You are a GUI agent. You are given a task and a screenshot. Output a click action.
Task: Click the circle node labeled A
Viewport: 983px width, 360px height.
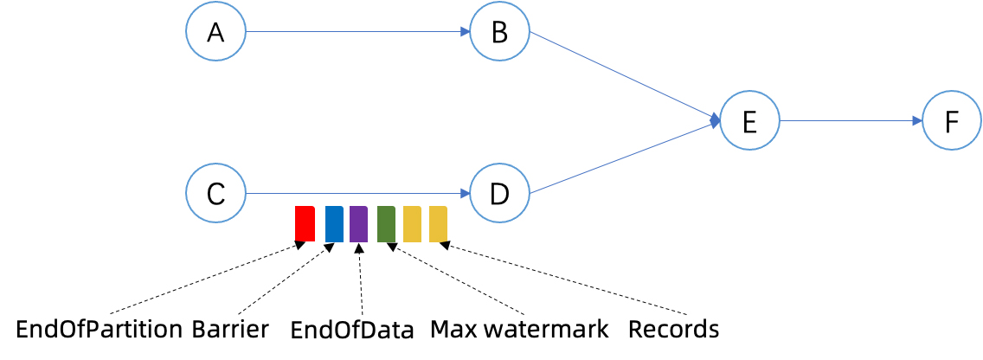(215, 32)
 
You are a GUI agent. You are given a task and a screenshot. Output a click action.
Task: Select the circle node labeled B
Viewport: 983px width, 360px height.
(499, 32)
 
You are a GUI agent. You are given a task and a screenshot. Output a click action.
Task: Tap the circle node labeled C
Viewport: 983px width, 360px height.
(215, 193)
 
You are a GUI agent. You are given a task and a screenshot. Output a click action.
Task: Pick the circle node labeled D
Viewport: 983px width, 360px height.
(499, 193)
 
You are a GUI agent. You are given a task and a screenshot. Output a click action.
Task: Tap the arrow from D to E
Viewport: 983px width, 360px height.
(623, 158)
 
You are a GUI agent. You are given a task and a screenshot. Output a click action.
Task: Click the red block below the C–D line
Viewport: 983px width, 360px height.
(305, 223)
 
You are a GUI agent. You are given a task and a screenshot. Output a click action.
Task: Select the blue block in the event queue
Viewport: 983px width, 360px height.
(334, 223)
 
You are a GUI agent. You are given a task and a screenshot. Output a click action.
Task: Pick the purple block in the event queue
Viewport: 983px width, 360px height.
(359, 223)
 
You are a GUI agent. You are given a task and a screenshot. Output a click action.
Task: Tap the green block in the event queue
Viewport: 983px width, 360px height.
(386, 223)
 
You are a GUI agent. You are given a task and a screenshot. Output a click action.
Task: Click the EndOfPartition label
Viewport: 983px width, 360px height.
(100, 330)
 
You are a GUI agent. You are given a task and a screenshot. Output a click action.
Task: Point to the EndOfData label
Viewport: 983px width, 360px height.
(352, 330)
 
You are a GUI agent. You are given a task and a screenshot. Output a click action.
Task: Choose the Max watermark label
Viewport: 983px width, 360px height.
(519, 330)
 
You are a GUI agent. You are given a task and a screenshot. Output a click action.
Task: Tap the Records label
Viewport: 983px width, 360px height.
(673, 330)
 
